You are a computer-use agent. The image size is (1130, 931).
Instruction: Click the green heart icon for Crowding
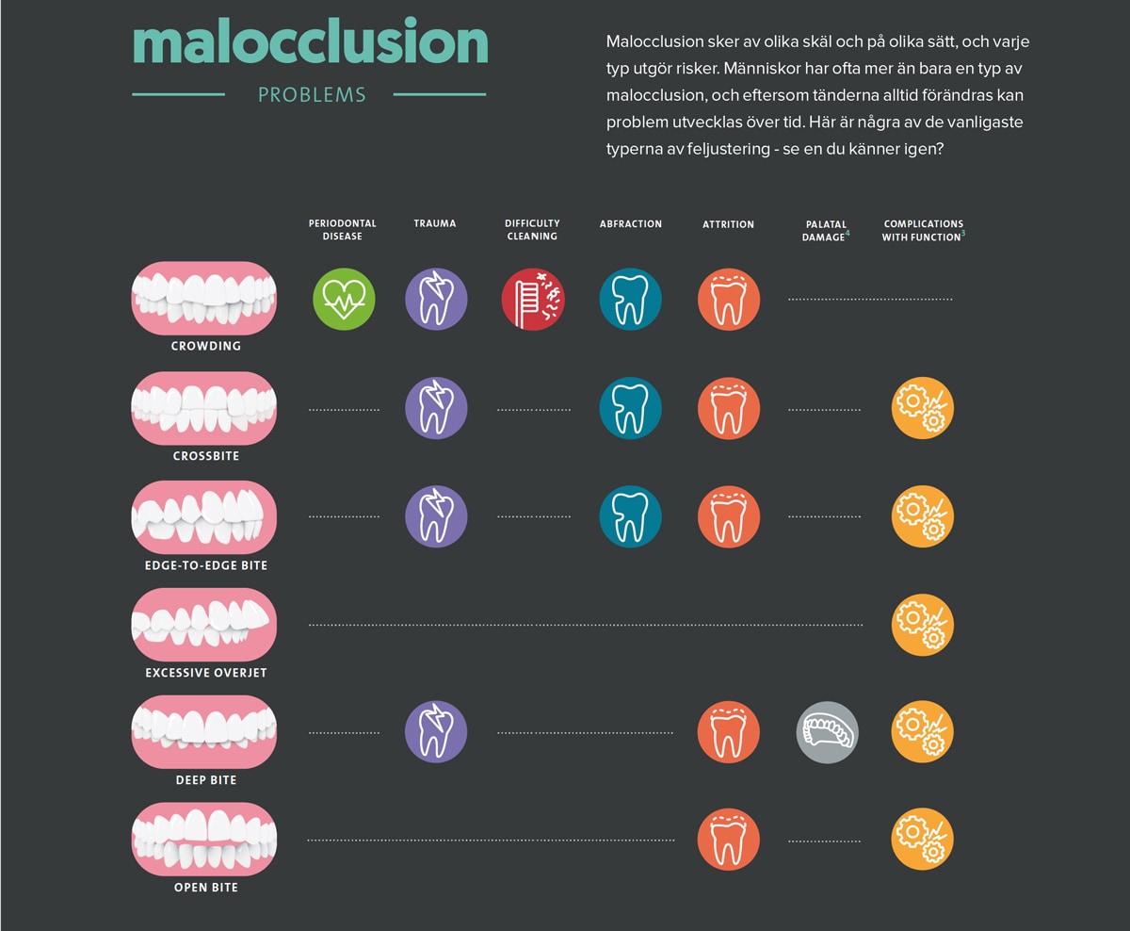[x=344, y=299]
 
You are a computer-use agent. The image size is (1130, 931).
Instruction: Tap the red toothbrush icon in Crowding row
[x=533, y=299]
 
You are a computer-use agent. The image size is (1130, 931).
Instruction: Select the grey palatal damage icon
[x=828, y=732]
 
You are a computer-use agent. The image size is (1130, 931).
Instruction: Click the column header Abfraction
[x=630, y=224]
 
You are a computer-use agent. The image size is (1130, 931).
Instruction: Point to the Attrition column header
[x=728, y=224]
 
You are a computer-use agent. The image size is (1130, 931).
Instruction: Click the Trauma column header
[x=434, y=224]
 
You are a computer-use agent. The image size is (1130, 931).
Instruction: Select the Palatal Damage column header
[x=824, y=231]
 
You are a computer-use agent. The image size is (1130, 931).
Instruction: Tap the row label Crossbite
[x=206, y=456]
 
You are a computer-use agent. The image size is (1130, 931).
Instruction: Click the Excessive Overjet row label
[x=206, y=673]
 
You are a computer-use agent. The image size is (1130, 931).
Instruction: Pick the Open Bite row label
[x=206, y=888]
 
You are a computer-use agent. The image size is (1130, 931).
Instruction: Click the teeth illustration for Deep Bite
[x=204, y=732]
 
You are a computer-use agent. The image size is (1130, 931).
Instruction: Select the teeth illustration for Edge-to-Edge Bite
[x=204, y=517]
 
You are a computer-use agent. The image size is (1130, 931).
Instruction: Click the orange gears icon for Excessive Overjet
[x=923, y=625]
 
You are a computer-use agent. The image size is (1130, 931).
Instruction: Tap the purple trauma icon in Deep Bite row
[x=436, y=732]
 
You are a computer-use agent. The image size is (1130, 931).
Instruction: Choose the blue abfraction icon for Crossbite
[x=630, y=408]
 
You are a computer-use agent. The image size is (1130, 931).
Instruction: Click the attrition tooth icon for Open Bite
[x=728, y=840]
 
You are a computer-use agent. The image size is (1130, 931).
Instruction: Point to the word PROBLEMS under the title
[x=312, y=95]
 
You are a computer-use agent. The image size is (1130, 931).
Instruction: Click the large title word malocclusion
[x=310, y=43]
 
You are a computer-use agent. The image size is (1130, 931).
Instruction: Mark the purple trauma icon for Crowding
[x=436, y=299]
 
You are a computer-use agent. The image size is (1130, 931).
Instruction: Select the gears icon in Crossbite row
[x=923, y=408]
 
